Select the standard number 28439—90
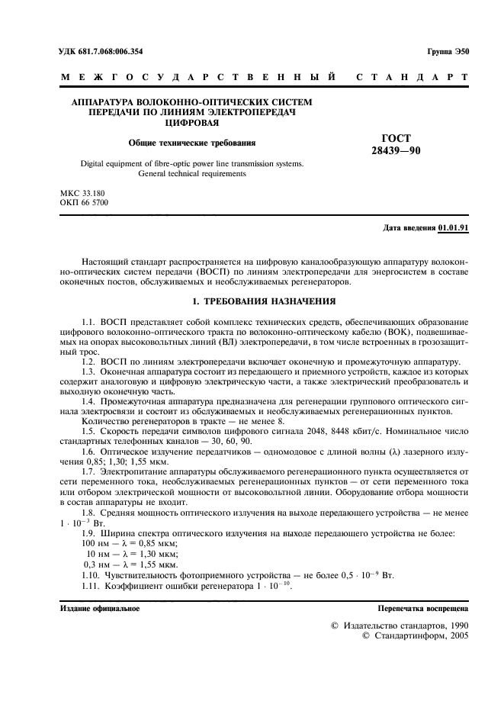coord(392,150)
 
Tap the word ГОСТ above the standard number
coord(393,138)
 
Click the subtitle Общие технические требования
coord(191,143)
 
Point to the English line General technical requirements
coord(191,174)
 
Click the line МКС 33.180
coord(83,195)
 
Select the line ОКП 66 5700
coord(84,204)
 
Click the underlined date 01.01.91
coord(454,228)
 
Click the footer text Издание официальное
coord(99,609)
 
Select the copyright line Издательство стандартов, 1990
coord(400,625)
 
